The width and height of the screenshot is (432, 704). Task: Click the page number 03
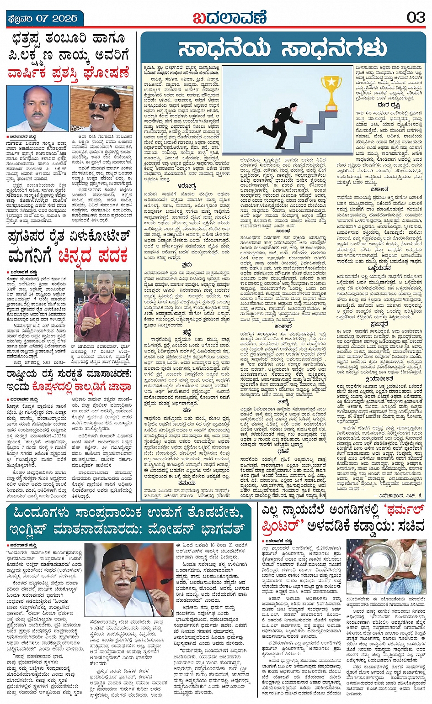coord(416,17)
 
